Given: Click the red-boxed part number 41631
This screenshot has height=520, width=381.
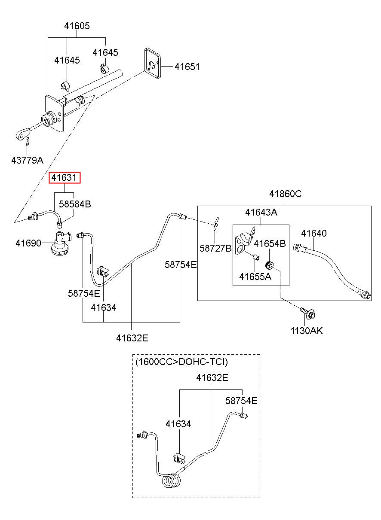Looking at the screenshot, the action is pyautogui.click(x=64, y=178).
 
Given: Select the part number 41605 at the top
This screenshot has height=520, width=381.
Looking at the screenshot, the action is pyautogui.click(x=77, y=26).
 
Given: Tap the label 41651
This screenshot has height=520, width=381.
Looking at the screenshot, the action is pyautogui.click(x=187, y=67).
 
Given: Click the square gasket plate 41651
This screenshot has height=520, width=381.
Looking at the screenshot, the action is pyautogui.click(x=153, y=64).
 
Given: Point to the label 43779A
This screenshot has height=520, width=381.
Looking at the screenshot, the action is pyautogui.click(x=28, y=160).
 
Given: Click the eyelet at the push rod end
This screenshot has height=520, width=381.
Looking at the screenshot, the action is pyautogui.click(x=23, y=135).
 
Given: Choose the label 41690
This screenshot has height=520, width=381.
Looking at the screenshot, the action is pyautogui.click(x=28, y=243).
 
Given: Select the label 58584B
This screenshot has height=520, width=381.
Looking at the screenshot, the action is pyautogui.click(x=75, y=204).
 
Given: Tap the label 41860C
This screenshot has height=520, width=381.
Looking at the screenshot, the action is pyautogui.click(x=286, y=194).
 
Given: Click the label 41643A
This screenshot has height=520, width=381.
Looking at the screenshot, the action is pyautogui.click(x=261, y=212).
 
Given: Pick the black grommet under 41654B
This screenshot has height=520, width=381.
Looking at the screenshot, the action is pyautogui.click(x=270, y=265).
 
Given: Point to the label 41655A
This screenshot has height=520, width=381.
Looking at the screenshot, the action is pyautogui.click(x=255, y=277).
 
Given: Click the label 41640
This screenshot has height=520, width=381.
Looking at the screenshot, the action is pyautogui.click(x=314, y=233).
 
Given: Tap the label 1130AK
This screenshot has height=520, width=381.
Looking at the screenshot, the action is pyautogui.click(x=307, y=331).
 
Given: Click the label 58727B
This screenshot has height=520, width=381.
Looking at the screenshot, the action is pyautogui.click(x=215, y=248).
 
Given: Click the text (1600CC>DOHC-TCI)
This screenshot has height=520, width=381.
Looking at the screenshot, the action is pyautogui.click(x=181, y=362).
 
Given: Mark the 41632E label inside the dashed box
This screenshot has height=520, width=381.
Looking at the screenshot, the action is pyautogui.click(x=212, y=377).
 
